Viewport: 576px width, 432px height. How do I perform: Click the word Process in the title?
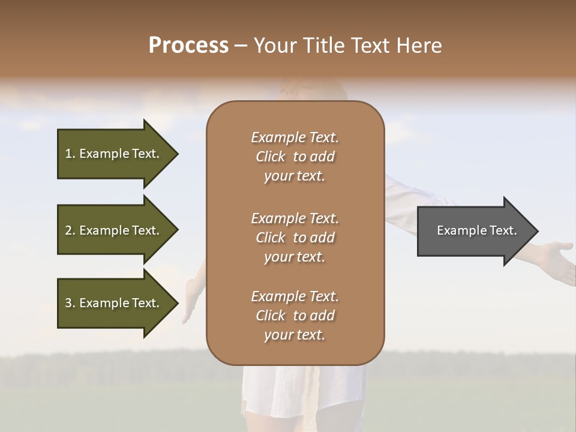[x=188, y=46]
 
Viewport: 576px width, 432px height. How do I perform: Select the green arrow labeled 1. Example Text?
[x=114, y=154]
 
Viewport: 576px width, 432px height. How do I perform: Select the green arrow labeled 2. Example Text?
[x=114, y=230]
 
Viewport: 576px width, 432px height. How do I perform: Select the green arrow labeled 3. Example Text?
[x=114, y=303]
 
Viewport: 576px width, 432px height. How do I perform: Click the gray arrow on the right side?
[x=474, y=230]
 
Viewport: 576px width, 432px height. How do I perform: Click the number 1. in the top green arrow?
[x=70, y=154]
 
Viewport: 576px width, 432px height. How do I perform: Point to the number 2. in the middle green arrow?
[x=70, y=230]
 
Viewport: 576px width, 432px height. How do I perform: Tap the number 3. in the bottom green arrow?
[x=70, y=303]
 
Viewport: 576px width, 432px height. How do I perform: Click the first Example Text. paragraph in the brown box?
[x=295, y=157]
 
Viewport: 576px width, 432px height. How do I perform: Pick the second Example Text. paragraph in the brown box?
[x=295, y=238]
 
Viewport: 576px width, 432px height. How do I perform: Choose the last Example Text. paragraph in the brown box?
[x=295, y=316]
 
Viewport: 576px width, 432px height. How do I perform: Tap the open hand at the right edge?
[x=555, y=255]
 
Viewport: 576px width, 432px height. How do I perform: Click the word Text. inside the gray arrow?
[x=503, y=230]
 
